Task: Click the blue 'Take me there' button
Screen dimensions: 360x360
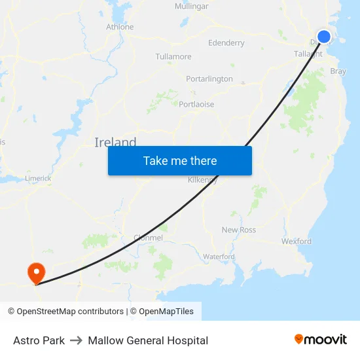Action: click(x=180, y=160)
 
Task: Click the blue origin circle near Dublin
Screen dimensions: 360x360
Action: click(x=324, y=37)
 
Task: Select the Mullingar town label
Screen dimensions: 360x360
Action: click(x=191, y=7)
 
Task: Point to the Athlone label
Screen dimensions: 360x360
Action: click(x=120, y=27)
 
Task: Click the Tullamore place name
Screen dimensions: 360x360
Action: click(x=173, y=57)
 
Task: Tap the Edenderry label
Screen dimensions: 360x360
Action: click(x=226, y=43)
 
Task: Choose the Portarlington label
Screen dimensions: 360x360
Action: click(x=209, y=79)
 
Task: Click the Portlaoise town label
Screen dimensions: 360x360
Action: click(x=196, y=105)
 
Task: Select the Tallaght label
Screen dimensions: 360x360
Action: click(x=308, y=54)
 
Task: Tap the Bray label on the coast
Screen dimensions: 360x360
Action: click(x=338, y=71)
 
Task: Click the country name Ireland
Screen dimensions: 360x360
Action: click(x=115, y=143)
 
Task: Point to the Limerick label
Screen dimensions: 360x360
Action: click(x=37, y=178)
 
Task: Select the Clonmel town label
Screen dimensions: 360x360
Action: click(x=148, y=238)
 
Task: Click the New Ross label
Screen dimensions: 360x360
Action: click(x=239, y=230)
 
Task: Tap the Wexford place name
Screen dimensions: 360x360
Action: click(x=297, y=242)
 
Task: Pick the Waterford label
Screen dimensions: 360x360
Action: click(x=219, y=257)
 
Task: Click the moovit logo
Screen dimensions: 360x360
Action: click(x=320, y=340)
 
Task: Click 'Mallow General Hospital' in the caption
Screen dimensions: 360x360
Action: click(x=148, y=340)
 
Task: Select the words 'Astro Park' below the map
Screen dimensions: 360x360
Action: click(x=39, y=340)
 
